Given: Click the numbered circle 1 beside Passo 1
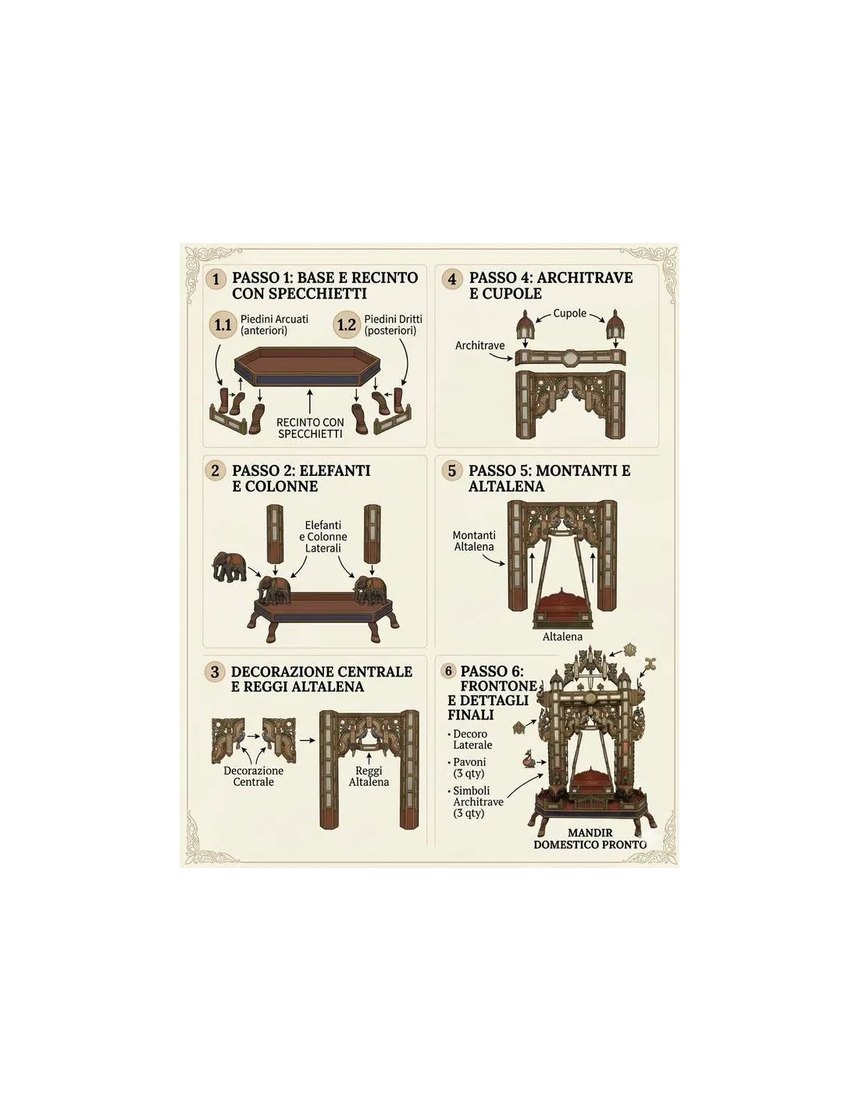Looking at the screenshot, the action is pyautogui.click(x=216, y=280).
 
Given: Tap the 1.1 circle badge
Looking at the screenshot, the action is pyautogui.click(x=223, y=325).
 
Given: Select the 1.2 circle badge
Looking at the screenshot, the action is pyautogui.click(x=347, y=325).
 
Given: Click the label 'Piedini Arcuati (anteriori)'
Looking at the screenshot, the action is pyautogui.click(x=274, y=325).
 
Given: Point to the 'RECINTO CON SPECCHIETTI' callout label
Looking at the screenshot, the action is pyautogui.click(x=310, y=428).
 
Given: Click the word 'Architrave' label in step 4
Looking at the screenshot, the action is pyautogui.click(x=479, y=345).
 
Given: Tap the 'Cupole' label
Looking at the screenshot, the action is pyautogui.click(x=570, y=313).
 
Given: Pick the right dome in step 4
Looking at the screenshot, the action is pyautogui.click(x=614, y=324).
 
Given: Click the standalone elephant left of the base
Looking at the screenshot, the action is pyautogui.click(x=230, y=566).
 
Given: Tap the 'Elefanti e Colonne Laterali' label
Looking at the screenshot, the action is pyautogui.click(x=323, y=536).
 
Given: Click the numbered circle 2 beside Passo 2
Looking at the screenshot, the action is pyautogui.click(x=215, y=470).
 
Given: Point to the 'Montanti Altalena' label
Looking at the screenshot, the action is pyautogui.click(x=474, y=541).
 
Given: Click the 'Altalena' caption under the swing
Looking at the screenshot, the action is pyautogui.click(x=562, y=637).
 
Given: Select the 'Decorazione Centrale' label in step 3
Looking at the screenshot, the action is pyautogui.click(x=254, y=776).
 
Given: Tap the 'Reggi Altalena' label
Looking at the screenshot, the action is pyautogui.click(x=369, y=776).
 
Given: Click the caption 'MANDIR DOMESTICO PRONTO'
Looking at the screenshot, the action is pyautogui.click(x=590, y=838).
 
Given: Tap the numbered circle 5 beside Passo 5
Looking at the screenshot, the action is pyautogui.click(x=451, y=470).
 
